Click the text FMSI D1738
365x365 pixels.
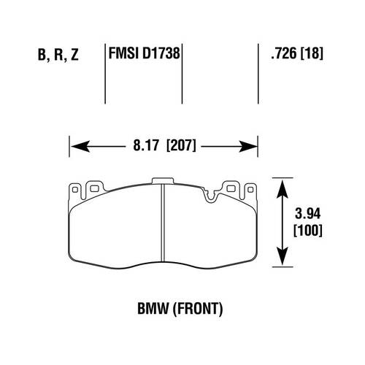tap(144, 53)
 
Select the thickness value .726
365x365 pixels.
tap(281, 53)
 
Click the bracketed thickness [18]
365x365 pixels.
tap(312, 53)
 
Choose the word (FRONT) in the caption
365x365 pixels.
tap(199, 309)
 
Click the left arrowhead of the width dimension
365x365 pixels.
tap(74, 147)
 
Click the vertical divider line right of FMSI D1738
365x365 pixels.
tap(182, 69)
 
